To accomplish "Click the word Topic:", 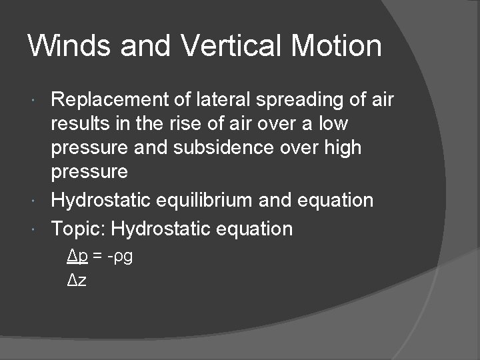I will pos(78,229).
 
